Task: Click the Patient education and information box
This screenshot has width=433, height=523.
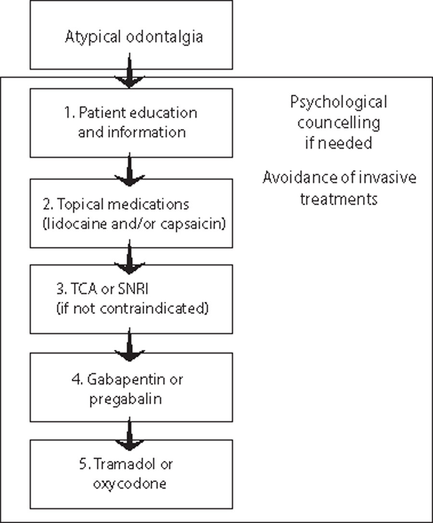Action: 131,122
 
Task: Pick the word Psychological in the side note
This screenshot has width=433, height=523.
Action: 338,102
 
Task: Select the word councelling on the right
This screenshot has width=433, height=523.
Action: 338,123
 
